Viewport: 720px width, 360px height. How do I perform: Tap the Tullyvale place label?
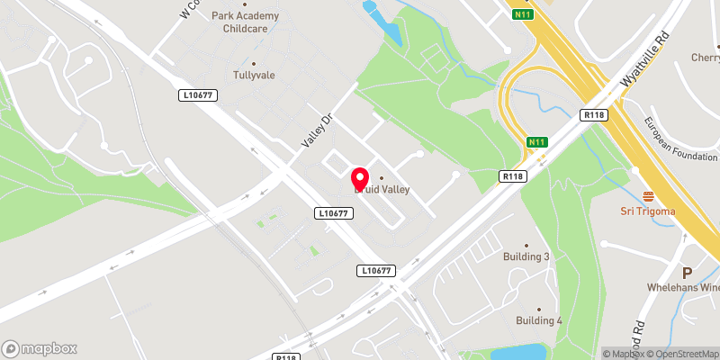[253, 77]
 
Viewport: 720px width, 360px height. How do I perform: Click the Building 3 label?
[526, 256]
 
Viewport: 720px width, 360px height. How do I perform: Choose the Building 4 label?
[539, 320]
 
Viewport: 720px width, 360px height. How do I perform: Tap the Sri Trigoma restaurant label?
[647, 211]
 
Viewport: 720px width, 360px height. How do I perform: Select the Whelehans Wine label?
[683, 288]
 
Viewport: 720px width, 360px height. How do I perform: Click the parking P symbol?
[687, 273]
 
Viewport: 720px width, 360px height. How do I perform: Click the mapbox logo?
[40, 348]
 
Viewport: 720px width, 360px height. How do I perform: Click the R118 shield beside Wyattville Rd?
[593, 115]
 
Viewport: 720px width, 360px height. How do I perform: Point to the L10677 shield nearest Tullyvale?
[198, 94]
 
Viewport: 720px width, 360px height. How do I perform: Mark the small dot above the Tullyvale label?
[253, 64]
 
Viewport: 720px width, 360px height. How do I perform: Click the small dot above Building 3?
[526, 244]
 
